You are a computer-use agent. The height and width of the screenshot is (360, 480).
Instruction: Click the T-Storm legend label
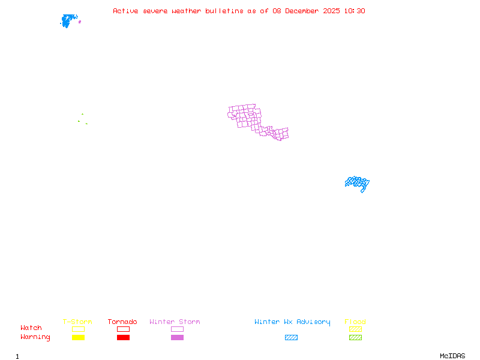point(77,322)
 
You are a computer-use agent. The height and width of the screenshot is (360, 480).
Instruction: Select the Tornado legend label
point(122,322)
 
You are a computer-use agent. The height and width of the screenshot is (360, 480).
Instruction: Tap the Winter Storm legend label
point(175,322)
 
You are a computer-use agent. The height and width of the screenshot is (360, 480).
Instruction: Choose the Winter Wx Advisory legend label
point(292,322)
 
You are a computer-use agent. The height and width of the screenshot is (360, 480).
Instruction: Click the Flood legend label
point(355,322)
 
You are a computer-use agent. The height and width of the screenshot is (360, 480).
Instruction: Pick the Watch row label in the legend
point(31,328)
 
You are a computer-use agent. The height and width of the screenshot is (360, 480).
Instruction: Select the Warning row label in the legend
point(35,337)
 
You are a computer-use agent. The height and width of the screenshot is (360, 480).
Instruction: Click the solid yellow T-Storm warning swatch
point(78,338)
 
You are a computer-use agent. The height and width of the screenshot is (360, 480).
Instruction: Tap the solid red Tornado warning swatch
point(123,338)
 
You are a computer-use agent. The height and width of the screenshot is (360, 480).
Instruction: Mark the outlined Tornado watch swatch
point(123,329)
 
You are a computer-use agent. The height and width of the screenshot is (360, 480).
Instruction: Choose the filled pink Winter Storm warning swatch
point(177,338)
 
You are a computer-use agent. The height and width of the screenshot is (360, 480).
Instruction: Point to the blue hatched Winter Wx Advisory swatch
point(291,338)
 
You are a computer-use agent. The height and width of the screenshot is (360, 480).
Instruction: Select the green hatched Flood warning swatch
point(355,338)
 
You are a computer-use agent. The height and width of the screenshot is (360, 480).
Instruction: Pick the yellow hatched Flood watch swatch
point(355,329)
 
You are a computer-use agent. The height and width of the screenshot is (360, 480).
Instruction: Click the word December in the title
point(302,11)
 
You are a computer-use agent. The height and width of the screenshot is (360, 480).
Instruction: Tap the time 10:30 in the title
point(354,11)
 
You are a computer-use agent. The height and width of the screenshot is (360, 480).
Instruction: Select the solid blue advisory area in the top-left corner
point(68,20)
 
